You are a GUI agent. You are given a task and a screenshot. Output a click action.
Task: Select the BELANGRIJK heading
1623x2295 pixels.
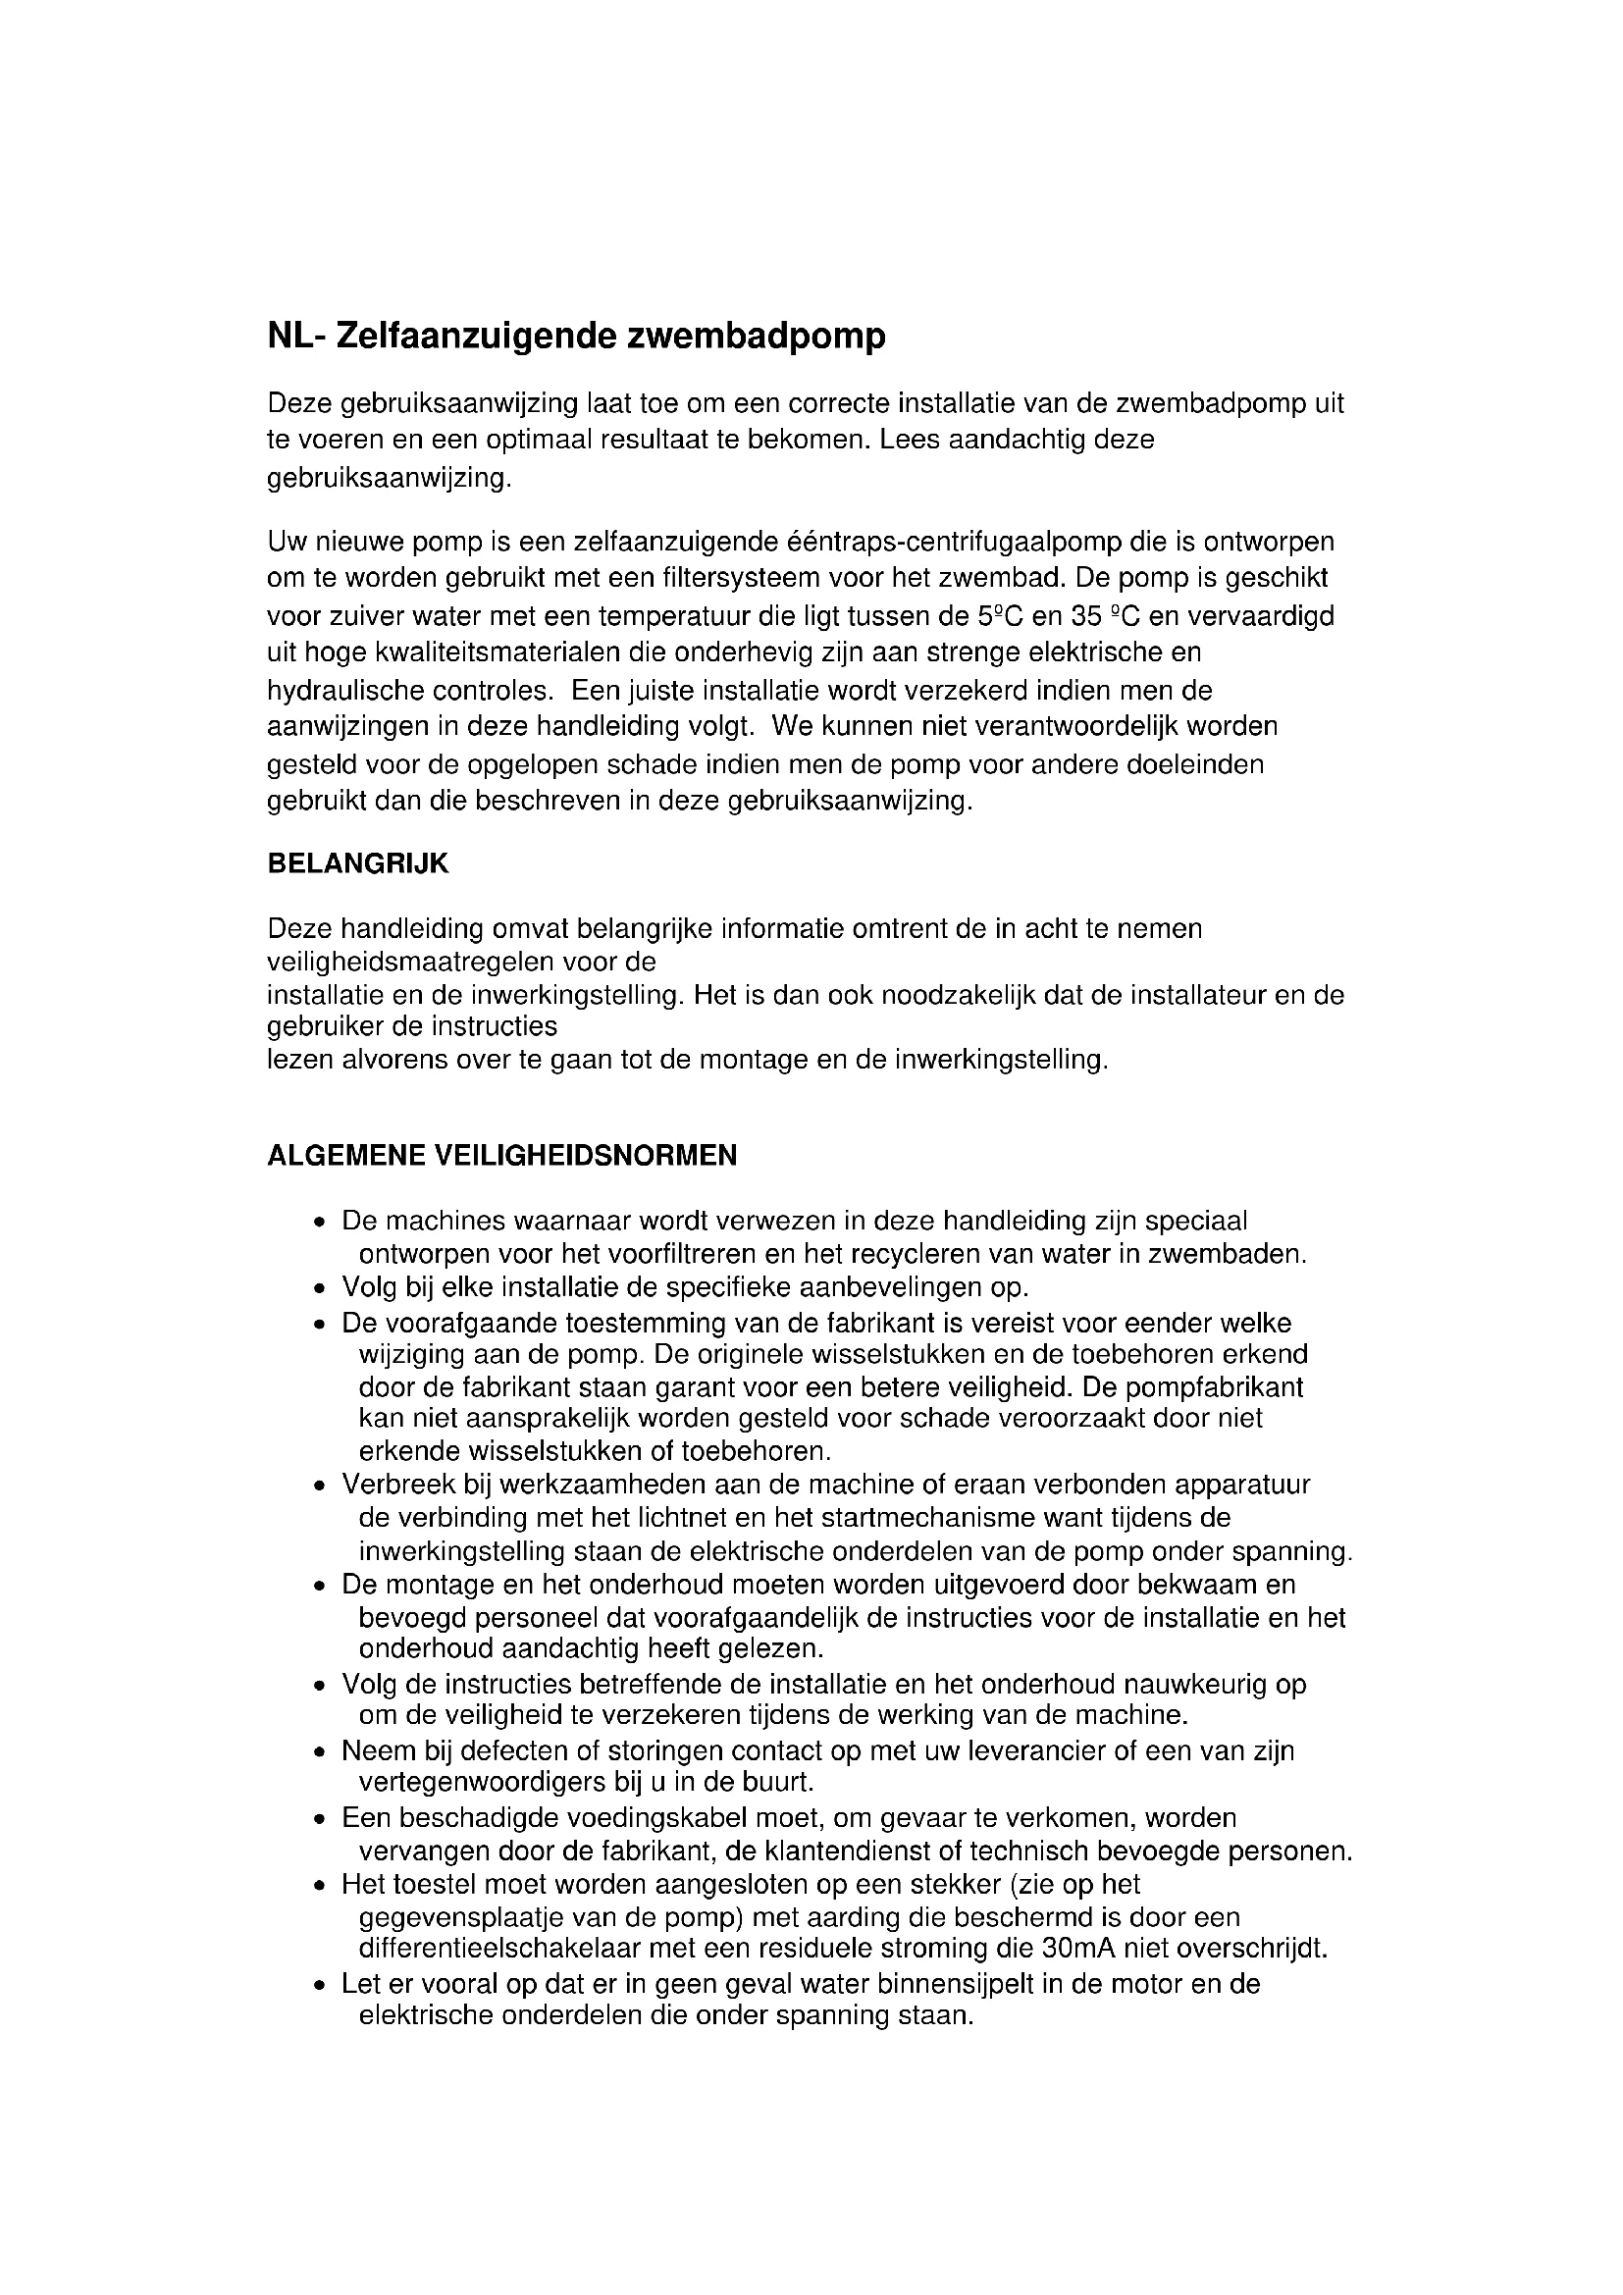358,864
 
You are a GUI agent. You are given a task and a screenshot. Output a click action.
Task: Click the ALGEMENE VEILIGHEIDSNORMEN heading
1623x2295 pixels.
501,1157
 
